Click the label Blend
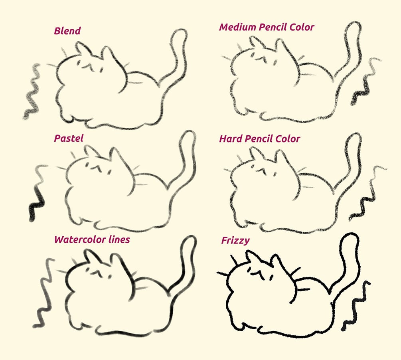click(x=67, y=31)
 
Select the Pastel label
click(x=69, y=138)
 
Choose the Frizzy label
click(x=235, y=241)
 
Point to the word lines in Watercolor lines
click(x=119, y=239)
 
